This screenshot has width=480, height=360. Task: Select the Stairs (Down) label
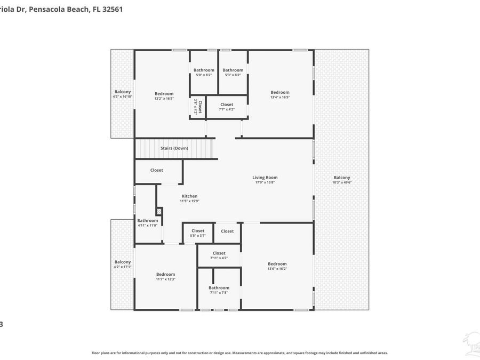(x=174, y=148)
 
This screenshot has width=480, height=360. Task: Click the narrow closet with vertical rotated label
(x=196, y=107)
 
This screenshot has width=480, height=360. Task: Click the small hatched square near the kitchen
(x=159, y=212)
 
